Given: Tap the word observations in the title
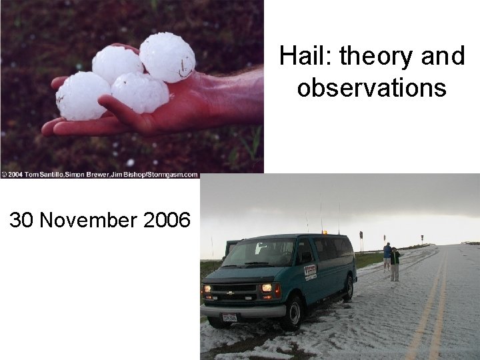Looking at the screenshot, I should tap(372, 87).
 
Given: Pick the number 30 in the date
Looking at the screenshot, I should tap(22, 221).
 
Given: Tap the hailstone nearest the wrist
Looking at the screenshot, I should tap(167, 57).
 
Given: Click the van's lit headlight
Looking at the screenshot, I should tap(268, 288).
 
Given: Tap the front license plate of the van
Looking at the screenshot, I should tap(230, 318).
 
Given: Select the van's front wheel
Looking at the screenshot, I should tap(293, 311).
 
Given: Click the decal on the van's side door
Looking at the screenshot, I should tap(310, 271).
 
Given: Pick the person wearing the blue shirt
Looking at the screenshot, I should tap(387, 256).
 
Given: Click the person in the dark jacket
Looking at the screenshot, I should tap(395, 264).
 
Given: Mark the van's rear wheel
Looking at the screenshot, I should tap(348, 287).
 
